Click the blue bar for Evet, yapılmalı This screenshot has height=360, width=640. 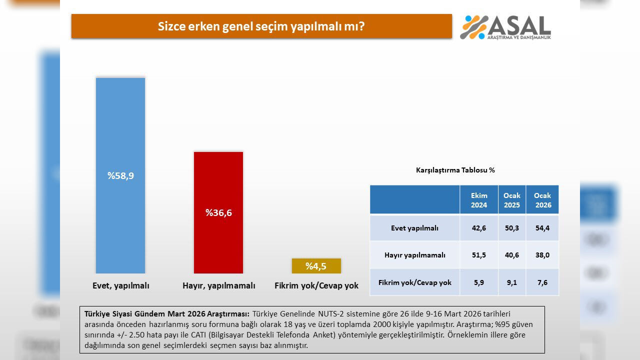[120, 125]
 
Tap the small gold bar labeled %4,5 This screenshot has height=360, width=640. [316, 266]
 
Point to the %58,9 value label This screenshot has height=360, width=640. [120, 176]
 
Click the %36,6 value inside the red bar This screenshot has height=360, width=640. [218, 212]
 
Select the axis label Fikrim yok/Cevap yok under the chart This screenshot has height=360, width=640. [316, 286]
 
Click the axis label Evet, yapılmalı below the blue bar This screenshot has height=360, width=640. [121, 286]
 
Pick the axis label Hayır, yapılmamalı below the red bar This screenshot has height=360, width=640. [218, 286]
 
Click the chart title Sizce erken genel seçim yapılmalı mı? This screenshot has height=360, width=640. [261, 26]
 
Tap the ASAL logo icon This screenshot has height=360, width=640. [473, 27]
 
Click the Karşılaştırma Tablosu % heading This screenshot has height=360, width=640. [455, 170]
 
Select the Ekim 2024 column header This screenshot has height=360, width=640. [479, 200]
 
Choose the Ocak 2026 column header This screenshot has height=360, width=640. [542, 200]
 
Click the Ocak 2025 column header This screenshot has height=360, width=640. [511, 200]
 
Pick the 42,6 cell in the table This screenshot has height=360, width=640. [479, 228]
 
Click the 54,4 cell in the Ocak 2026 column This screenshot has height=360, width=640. [542, 228]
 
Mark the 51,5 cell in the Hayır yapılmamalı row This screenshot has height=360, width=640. [479, 255]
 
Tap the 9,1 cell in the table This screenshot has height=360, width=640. [511, 282]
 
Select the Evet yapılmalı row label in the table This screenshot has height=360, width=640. [414, 228]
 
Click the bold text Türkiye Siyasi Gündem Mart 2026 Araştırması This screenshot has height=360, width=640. [166, 314]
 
